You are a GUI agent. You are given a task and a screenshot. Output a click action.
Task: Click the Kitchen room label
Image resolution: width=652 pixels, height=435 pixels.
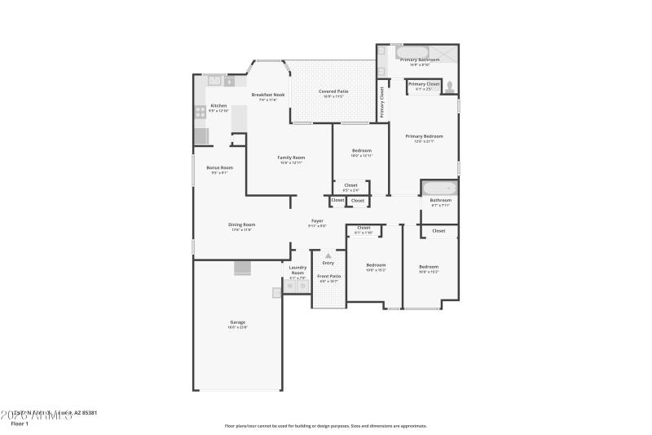(x=218, y=106)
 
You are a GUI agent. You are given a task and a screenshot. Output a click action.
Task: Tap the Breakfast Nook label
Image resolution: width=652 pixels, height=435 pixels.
(x=267, y=94)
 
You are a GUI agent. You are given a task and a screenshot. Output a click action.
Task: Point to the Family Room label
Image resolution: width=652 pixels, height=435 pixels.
(x=291, y=158)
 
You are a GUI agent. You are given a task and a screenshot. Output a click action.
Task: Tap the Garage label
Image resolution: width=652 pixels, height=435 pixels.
(x=237, y=322)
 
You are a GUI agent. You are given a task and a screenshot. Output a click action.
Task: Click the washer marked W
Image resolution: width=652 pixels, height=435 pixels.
(x=289, y=286)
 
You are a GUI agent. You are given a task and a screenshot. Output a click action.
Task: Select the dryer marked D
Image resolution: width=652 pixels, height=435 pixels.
(x=302, y=286)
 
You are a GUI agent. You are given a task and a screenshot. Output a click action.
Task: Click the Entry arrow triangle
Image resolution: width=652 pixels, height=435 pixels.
(x=328, y=255)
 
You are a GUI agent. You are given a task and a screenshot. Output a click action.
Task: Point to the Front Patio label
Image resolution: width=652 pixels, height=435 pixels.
(x=328, y=277)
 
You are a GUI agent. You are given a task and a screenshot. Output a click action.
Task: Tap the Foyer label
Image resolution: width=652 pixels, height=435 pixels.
(x=317, y=221)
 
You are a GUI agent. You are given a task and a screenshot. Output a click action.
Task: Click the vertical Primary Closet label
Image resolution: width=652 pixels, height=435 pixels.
(x=381, y=102)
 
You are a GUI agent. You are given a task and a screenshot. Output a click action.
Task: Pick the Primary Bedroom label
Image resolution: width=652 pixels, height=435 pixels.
(x=424, y=136)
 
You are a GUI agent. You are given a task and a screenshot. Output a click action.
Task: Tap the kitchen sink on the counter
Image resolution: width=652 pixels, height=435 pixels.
(x=214, y=81)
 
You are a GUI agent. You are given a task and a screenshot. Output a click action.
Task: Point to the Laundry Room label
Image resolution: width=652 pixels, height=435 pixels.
(x=297, y=270)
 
